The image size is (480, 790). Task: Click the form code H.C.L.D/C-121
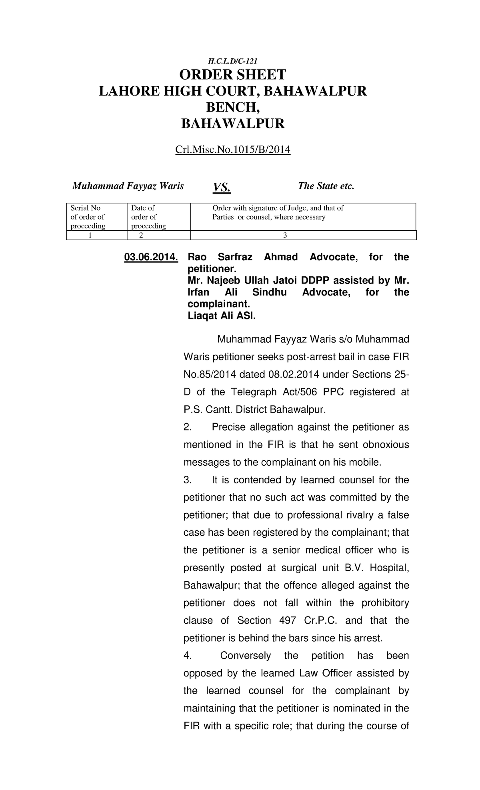tap(232, 61)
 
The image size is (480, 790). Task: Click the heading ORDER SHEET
tap(232, 75)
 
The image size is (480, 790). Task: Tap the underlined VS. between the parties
tap(222, 187)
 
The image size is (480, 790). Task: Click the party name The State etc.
tap(326, 186)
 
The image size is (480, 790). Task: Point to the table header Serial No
tap(85, 208)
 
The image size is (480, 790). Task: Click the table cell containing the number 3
tap(285, 235)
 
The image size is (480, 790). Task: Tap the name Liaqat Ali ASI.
tap(221, 316)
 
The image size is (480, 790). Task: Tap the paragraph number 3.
tap(188, 480)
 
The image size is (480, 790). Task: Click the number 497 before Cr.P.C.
tap(286, 620)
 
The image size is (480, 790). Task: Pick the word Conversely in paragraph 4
tap(246, 656)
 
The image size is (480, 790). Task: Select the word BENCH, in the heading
tap(232, 108)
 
